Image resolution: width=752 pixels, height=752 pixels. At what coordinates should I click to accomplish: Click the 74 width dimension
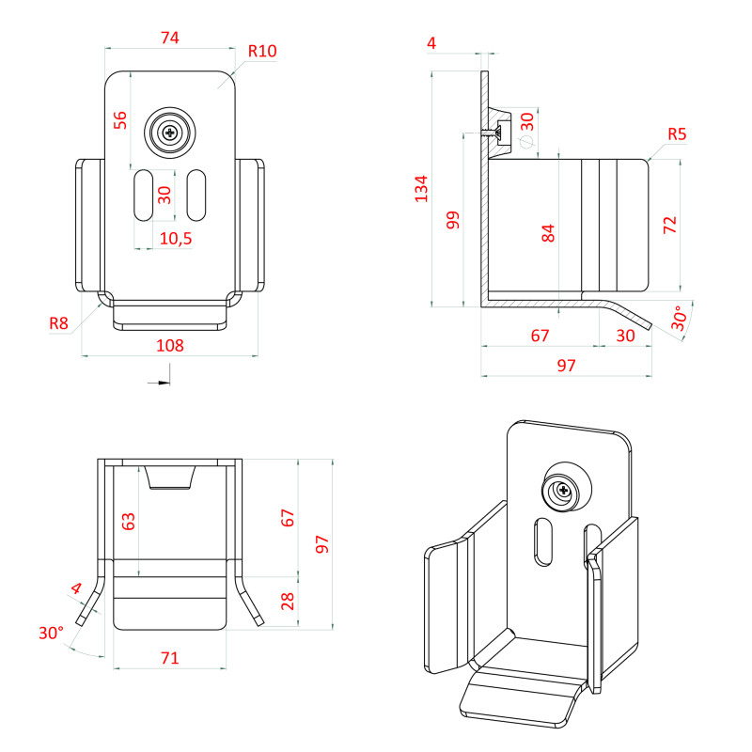[x=170, y=38]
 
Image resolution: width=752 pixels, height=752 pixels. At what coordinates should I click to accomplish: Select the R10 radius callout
[x=262, y=51]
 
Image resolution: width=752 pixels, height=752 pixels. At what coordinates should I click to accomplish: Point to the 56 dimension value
[x=120, y=120]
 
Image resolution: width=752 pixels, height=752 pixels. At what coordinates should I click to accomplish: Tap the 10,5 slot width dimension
[x=175, y=239]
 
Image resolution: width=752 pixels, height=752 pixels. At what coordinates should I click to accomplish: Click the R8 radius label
[x=59, y=324]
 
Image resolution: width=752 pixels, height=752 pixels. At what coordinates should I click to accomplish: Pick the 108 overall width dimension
[x=169, y=346]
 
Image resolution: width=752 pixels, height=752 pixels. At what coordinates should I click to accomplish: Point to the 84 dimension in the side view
[x=549, y=231]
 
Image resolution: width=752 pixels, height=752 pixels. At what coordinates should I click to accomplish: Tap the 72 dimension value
[x=669, y=226]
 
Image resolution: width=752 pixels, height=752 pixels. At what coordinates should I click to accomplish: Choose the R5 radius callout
[x=677, y=133]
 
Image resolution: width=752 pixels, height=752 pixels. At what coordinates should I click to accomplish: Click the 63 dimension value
[x=130, y=521]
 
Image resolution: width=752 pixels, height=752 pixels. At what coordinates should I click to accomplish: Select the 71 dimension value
[x=169, y=658]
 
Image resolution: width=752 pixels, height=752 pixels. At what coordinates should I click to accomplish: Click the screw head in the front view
[x=170, y=133]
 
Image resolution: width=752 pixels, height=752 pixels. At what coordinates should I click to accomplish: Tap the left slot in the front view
[x=144, y=195]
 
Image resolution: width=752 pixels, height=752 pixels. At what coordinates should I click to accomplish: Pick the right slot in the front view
[x=196, y=195]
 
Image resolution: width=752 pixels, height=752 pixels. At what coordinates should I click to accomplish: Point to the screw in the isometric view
[x=562, y=491]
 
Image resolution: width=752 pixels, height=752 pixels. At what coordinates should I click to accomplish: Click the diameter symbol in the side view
[x=526, y=142]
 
